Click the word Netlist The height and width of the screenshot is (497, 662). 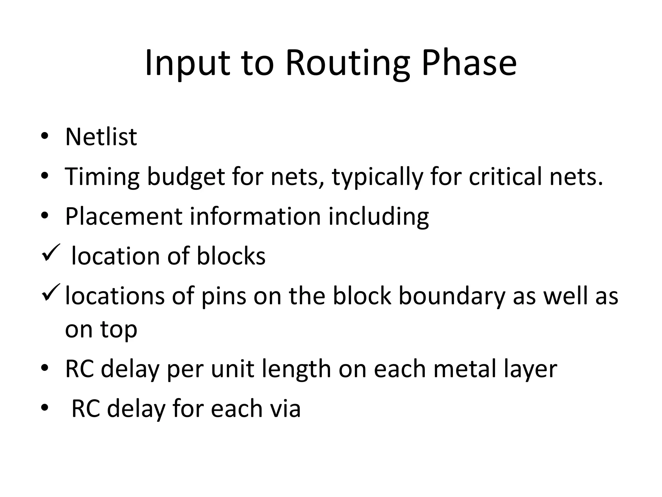click(101, 137)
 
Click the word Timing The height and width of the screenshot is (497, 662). click(102, 177)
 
